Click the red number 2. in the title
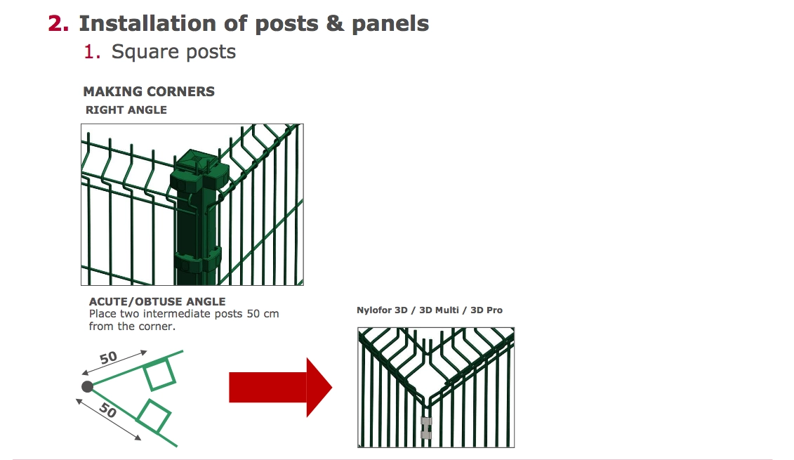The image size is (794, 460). click(58, 24)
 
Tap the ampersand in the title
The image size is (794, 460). click(335, 23)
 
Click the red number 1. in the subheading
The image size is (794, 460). click(92, 52)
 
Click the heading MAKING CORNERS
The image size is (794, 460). click(149, 92)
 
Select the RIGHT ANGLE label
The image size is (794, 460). click(126, 110)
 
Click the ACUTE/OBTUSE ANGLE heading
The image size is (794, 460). click(157, 301)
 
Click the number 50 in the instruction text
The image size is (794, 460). click(253, 314)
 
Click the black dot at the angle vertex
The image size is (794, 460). click(87, 387)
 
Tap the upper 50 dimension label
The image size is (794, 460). click(108, 357)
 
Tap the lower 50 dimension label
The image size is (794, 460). click(108, 409)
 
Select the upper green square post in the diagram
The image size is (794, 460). click(159, 374)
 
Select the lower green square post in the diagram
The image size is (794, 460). click(154, 416)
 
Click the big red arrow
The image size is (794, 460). click(281, 388)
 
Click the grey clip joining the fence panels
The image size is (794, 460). click(426, 428)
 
